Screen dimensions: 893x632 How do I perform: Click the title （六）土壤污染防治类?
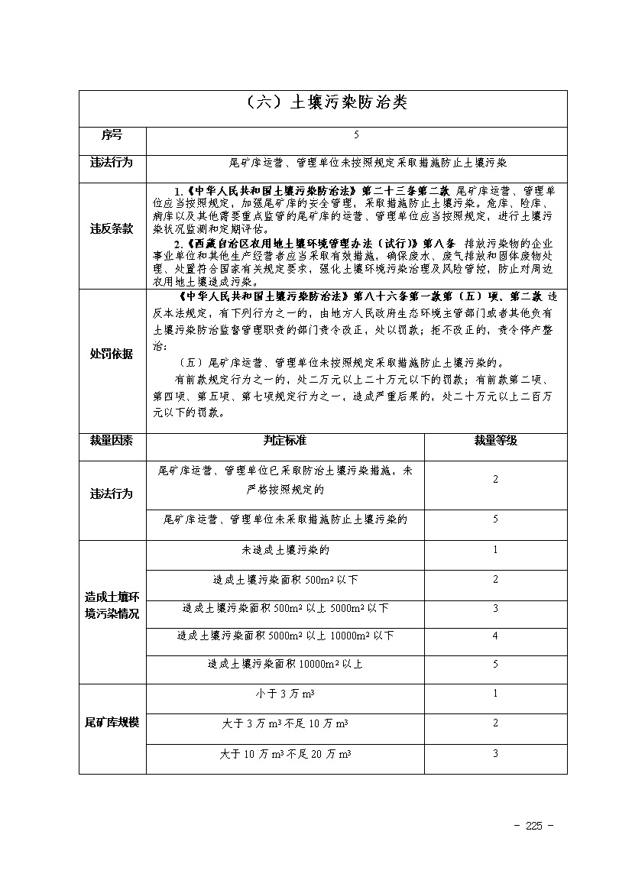coord(322,103)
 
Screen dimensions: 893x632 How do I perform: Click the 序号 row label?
coord(112,135)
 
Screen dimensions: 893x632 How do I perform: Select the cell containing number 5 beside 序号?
coord(356,135)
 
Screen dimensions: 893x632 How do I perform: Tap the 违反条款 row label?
coord(112,228)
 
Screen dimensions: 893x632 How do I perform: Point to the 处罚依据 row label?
coord(112,354)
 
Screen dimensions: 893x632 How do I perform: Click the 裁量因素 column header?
coord(112,441)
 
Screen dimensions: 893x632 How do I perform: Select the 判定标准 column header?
coord(285,441)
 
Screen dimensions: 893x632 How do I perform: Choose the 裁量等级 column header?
coord(495,441)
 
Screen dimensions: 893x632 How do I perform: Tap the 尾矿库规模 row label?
coord(112,722)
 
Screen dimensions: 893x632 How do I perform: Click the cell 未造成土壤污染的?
coord(285,550)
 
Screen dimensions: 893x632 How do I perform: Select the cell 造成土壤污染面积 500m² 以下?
coord(285,580)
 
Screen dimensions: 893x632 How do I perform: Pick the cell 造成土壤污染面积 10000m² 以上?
coord(285,664)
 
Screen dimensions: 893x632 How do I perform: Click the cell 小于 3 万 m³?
coord(285,694)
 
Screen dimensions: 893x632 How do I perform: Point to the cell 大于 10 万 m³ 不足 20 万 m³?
coord(285,754)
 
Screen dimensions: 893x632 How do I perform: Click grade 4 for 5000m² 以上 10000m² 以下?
coord(495,636)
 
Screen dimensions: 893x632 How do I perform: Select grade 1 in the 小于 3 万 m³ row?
coord(495,694)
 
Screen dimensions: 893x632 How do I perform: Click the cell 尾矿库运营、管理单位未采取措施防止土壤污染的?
coord(285,519)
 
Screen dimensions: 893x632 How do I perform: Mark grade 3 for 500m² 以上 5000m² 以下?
coord(495,608)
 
